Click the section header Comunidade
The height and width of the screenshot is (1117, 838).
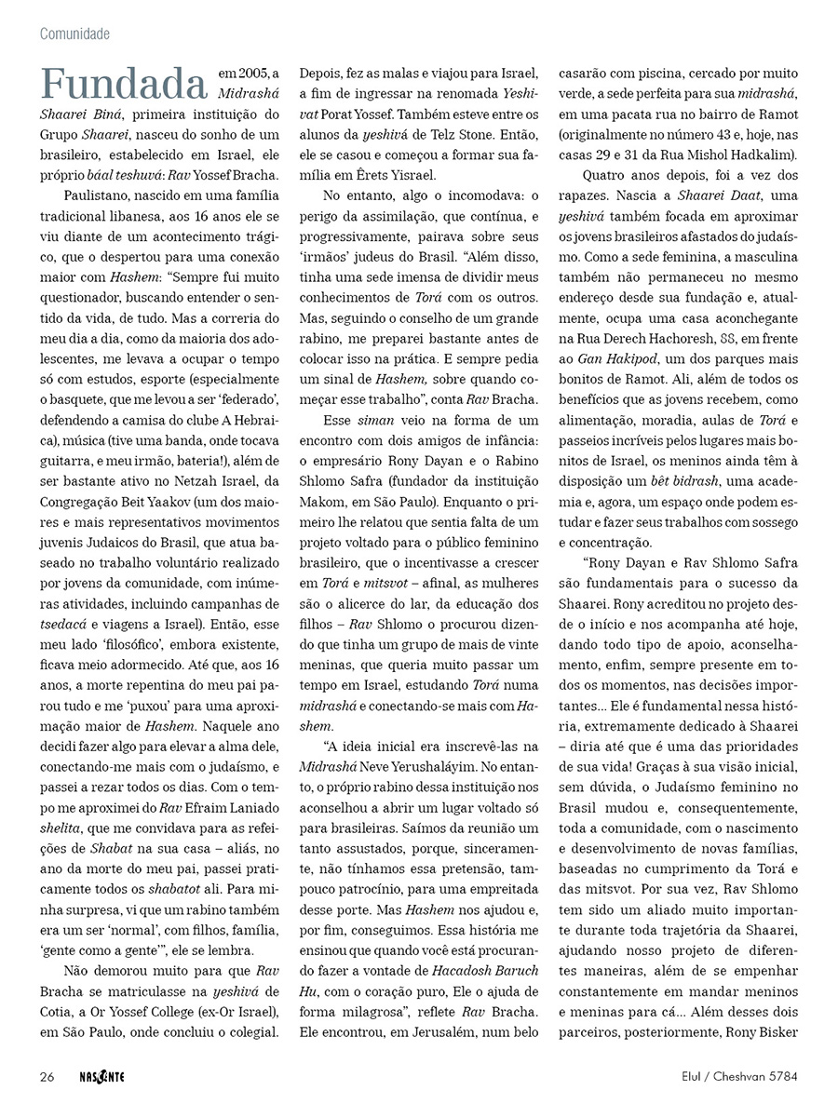tap(74, 34)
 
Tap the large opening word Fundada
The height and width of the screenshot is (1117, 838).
tap(123, 84)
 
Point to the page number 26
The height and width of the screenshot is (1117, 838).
tap(47, 1077)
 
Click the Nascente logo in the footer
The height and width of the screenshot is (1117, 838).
tap(100, 1077)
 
